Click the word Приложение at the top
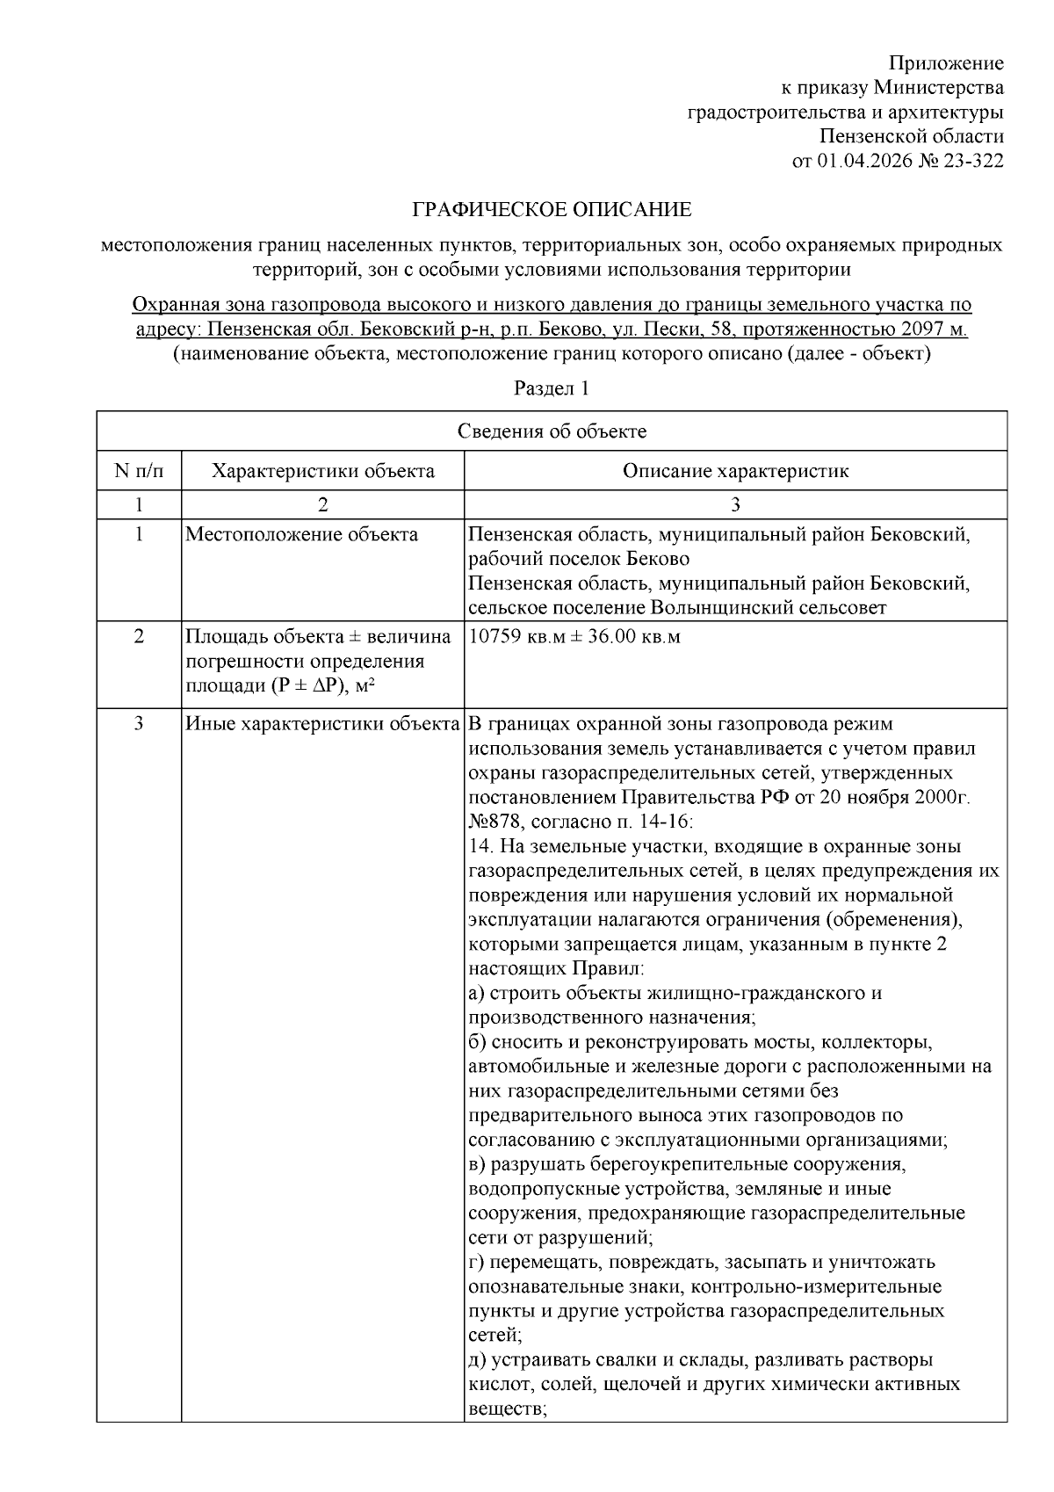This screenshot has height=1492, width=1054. tap(946, 63)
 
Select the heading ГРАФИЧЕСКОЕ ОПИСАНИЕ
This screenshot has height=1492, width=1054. tap(552, 210)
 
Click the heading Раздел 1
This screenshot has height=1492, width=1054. tap(551, 388)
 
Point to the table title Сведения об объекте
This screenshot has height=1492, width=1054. tap(552, 431)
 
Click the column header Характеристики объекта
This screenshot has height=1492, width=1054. tap(322, 471)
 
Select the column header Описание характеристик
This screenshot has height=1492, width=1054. tap(735, 471)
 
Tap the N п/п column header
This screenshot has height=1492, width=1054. tap(139, 471)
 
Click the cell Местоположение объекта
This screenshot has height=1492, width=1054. tap(301, 534)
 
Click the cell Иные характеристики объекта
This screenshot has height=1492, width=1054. tap(322, 724)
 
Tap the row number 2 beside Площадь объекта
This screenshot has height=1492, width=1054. tap(139, 636)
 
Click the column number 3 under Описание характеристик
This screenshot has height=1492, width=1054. tap(735, 504)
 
